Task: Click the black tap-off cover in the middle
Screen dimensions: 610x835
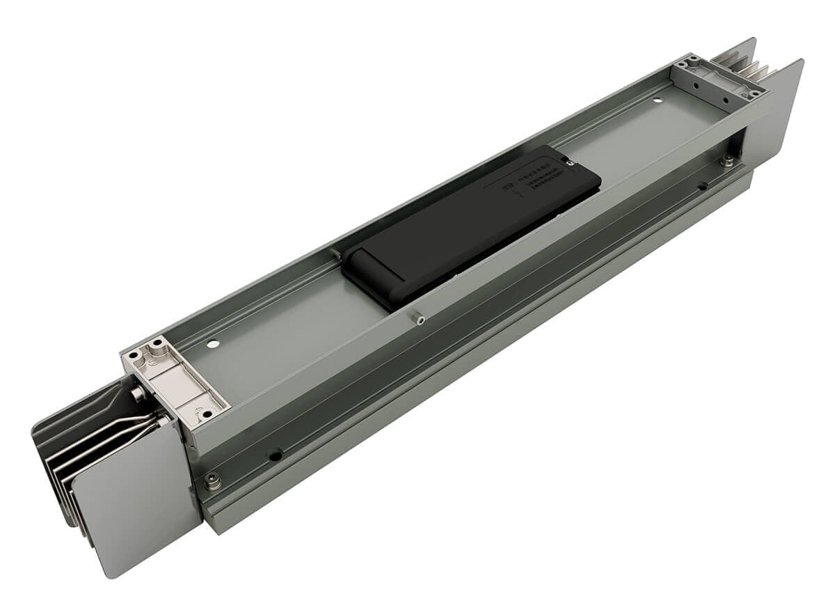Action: (x=473, y=223)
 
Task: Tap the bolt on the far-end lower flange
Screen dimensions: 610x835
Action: (x=726, y=161)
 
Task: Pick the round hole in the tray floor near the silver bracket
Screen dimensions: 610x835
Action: (x=213, y=343)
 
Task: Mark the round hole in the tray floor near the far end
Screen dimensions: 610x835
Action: (x=658, y=100)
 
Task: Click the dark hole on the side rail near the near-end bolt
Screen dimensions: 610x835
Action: (x=276, y=456)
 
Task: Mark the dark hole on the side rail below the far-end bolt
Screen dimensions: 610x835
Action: (x=703, y=186)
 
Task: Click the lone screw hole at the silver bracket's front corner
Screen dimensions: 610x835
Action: (x=207, y=415)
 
